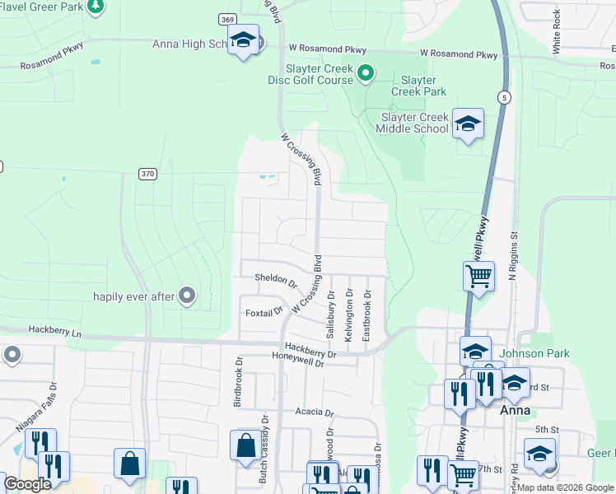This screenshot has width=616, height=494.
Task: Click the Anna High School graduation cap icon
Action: click(244, 41)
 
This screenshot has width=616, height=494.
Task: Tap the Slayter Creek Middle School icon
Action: click(468, 124)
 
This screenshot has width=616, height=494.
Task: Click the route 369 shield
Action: click(228, 19)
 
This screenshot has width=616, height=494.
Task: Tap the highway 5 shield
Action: click(504, 98)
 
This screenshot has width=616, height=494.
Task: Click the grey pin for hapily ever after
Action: click(187, 295)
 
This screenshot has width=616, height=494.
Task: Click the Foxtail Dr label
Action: click(264, 313)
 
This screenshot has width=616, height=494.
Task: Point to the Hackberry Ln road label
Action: click(55, 330)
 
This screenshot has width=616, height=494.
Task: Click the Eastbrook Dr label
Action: click(367, 315)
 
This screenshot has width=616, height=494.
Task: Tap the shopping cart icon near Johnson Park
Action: click(478, 276)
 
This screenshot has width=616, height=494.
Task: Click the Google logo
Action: click(27, 484)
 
